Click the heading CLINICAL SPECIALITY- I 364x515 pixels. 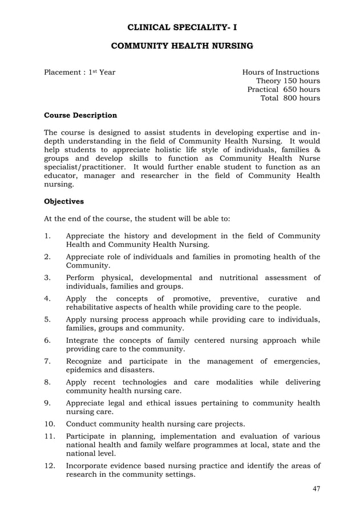click(181, 26)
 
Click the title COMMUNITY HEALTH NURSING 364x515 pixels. click(181, 46)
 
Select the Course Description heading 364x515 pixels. click(80, 115)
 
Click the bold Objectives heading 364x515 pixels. click(64, 201)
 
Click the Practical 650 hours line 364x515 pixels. click(283, 90)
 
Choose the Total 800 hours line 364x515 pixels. click(290, 98)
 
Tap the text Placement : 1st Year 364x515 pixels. click(80, 72)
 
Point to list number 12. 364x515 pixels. click(50, 466)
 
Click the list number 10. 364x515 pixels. click(50, 424)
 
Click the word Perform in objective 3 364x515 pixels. click(83, 278)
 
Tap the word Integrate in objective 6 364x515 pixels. click(86, 340)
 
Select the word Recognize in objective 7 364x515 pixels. click(87, 361)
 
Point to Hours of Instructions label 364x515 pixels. click(281, 72)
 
